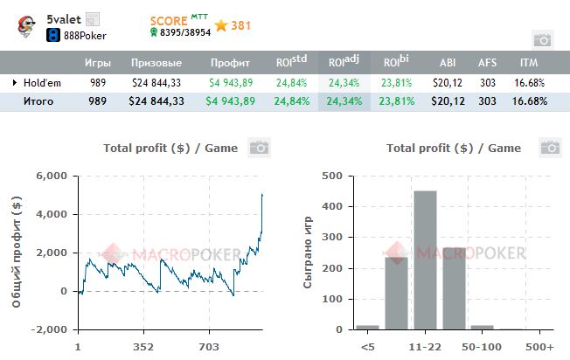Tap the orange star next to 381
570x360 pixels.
pyautogui.click(x=221, y=25)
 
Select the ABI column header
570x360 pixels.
pyautogui.click(x=447, y=63)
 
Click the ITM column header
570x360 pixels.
pyautogui.click(x=528, y=63)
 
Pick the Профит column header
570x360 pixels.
pyautogui.click(x=230, y=63)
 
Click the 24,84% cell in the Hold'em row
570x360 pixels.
pyautogui.click(x=291, y=82)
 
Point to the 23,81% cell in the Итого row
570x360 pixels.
pyautogui.click(x=398, y=101)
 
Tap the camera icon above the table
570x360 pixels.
pyautogui.click(x=542, y=39)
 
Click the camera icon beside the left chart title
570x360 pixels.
pyautogui.click(x=258, y=148)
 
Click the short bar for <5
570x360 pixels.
pyautogui.click(x=368, y=327)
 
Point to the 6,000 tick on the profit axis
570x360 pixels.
pyautogui.click(x=52, y=176)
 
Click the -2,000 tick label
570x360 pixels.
pyautogui.click(x=50, y=330)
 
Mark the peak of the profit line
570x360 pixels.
pyautogui.click(x=262, y=195)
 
